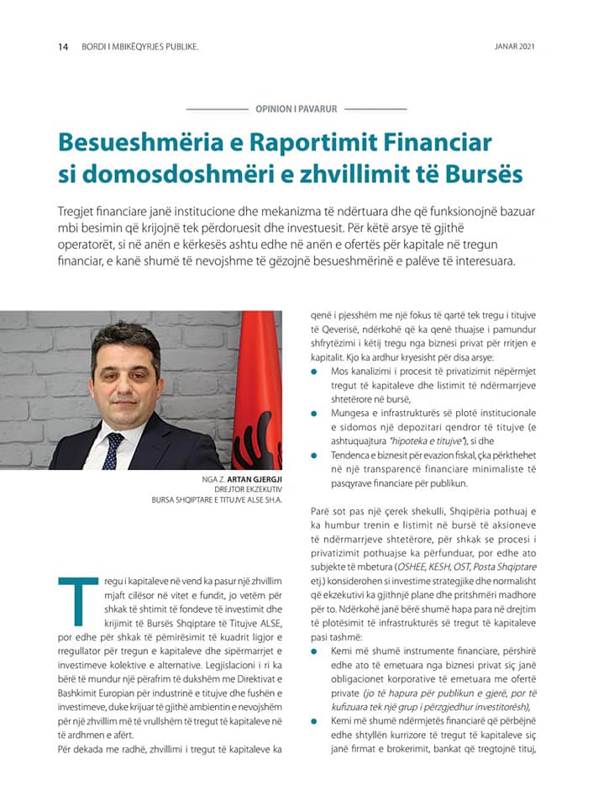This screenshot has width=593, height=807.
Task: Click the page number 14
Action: click(x=63, y=46)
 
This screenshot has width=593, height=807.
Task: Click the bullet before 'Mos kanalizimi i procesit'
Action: click(x=315, y=371)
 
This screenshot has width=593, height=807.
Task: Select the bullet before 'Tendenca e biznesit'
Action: click(x=315, y=456)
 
